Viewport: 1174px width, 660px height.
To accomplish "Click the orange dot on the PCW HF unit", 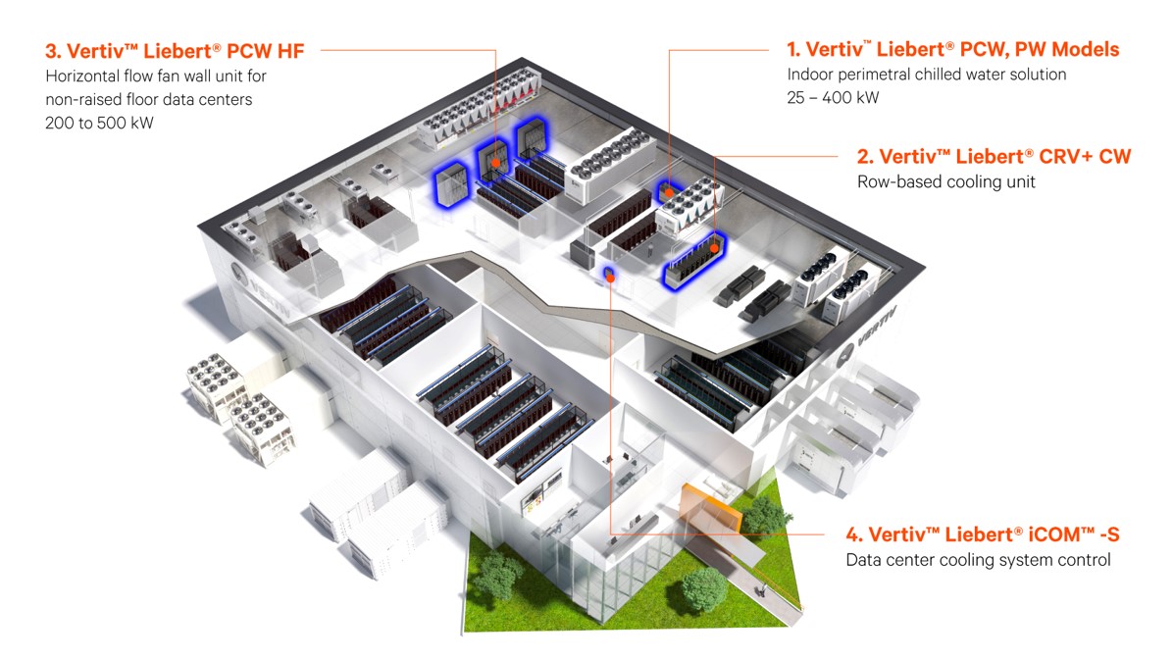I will [x=497, y=163].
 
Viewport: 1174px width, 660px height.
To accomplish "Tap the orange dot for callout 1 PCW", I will [x=670, y=190].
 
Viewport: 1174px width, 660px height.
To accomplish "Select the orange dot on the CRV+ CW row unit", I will [x=715, y=249].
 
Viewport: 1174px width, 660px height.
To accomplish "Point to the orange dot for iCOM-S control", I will [x=610, y=278].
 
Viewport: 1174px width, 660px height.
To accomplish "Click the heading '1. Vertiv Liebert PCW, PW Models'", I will [x=952, y=49].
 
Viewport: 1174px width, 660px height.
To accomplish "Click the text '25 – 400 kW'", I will [x=833, y=98].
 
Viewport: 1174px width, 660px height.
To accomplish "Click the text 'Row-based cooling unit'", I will [x=945, y=181].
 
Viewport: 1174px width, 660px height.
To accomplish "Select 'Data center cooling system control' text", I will [x=978, y=560].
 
